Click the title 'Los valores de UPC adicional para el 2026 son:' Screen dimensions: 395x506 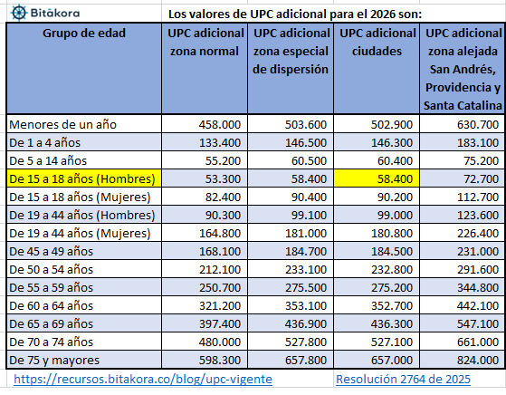320,14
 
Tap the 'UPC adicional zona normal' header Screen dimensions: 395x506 205,42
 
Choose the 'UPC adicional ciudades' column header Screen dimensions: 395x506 377,42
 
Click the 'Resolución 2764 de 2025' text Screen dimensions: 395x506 403,381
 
